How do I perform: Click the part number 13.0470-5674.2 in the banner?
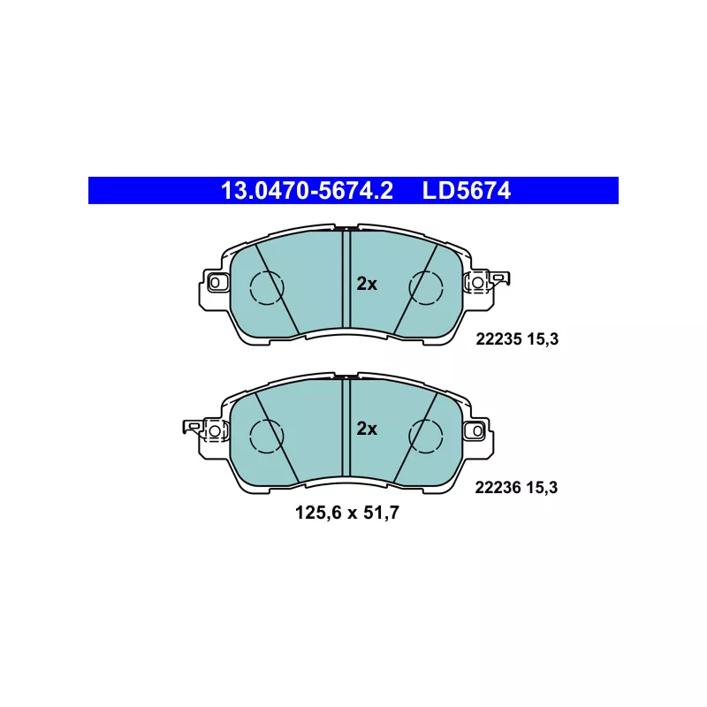pos(307,191)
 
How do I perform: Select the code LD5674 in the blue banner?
pos(467,191)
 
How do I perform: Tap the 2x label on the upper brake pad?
pos(367,284)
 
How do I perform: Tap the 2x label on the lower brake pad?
pos(367,429)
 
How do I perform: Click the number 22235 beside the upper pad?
pos(498,339)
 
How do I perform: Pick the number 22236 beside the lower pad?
pos(498,488)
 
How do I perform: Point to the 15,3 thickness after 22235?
pos(543,339)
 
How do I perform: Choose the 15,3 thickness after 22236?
pos(542,488)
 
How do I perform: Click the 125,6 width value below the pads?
pos(317,513)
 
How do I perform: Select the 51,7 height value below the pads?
pos(381,513)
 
